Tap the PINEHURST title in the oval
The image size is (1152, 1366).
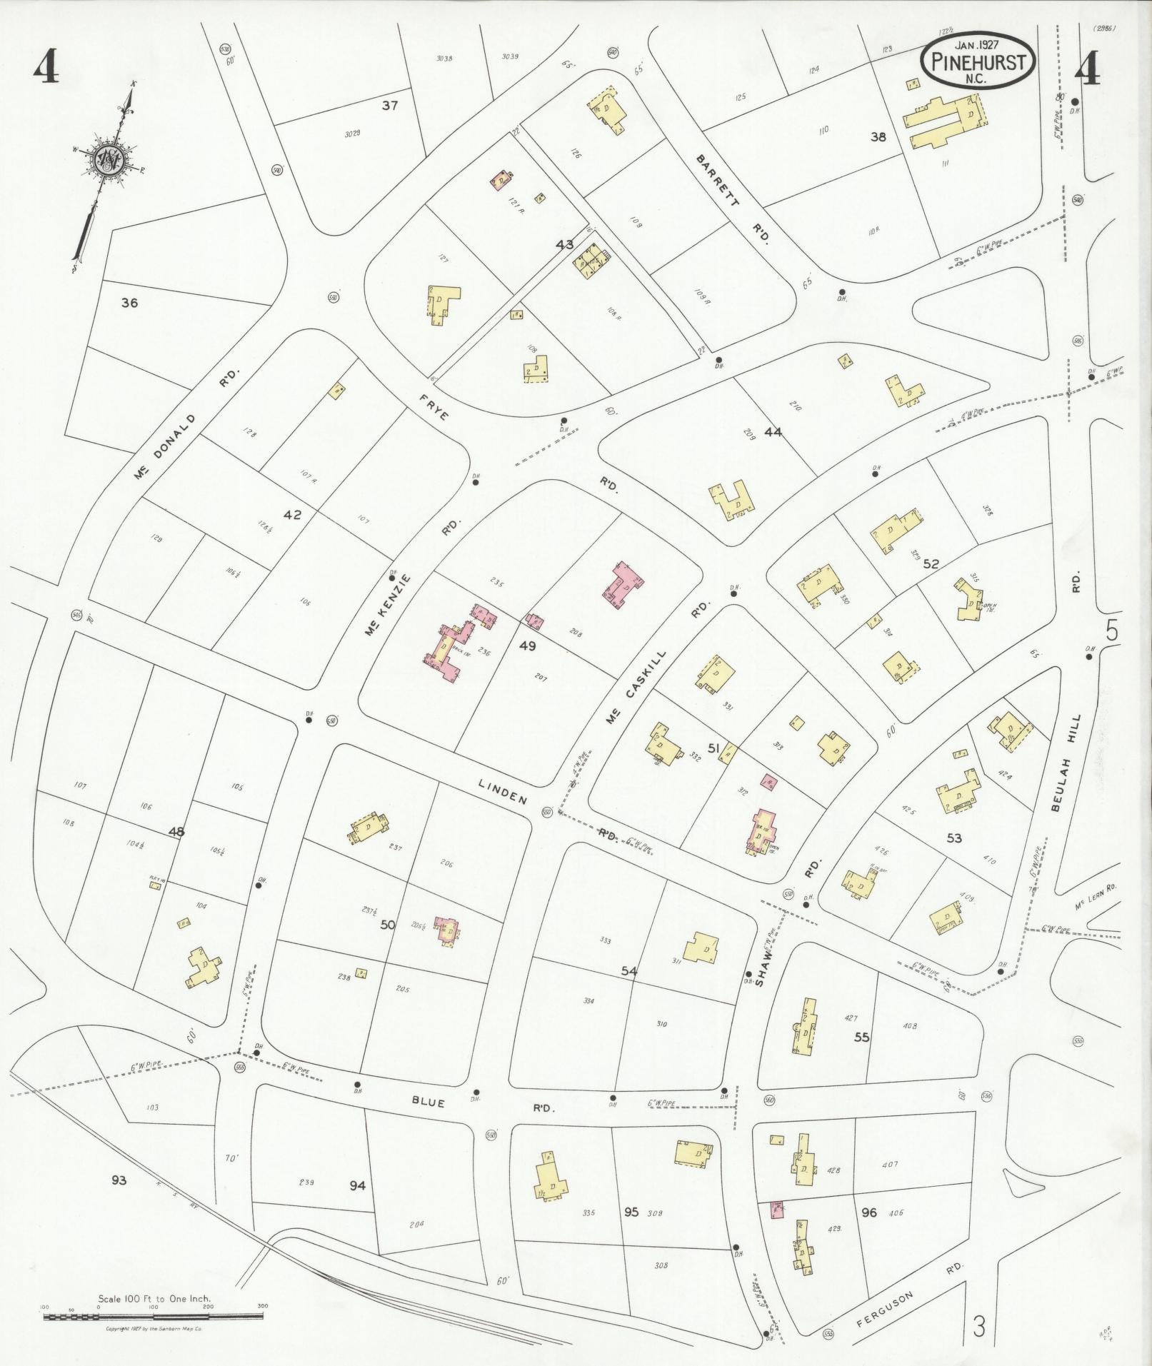tap(978, 62)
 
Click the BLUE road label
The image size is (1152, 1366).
tap(429, 1102)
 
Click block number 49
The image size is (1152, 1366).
tap(528, 646)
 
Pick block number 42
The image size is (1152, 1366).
tap(292, 515)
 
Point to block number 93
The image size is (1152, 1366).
tap(119, 1180)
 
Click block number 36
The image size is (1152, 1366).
tap(129, 303)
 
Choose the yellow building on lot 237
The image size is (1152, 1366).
tap(369, 828)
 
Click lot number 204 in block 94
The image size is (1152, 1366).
tap(416, 1224)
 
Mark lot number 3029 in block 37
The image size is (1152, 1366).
tap(351, 134)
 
